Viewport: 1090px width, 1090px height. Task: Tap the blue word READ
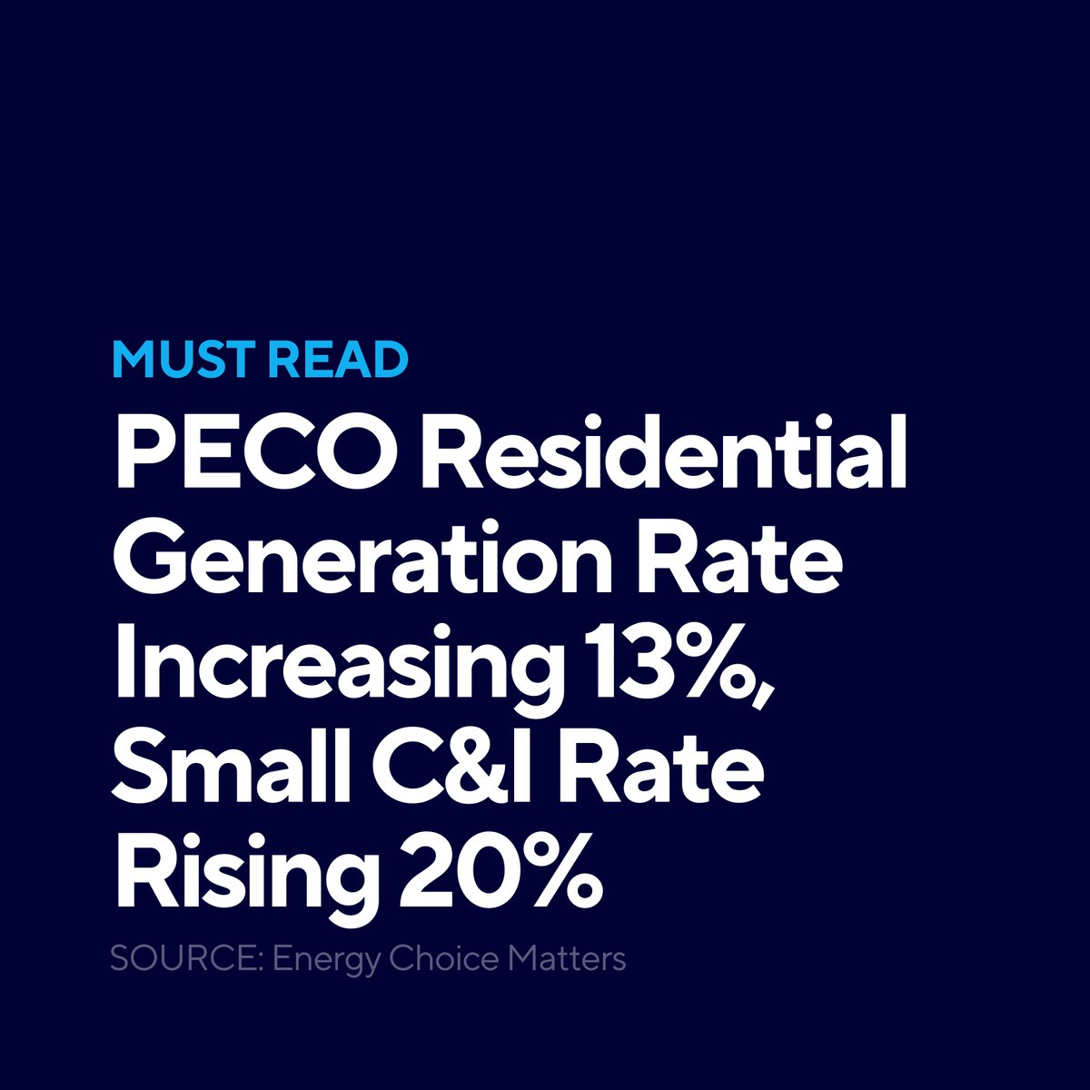[x=338, y=360]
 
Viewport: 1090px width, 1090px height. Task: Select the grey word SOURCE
[x=186, y=959]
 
